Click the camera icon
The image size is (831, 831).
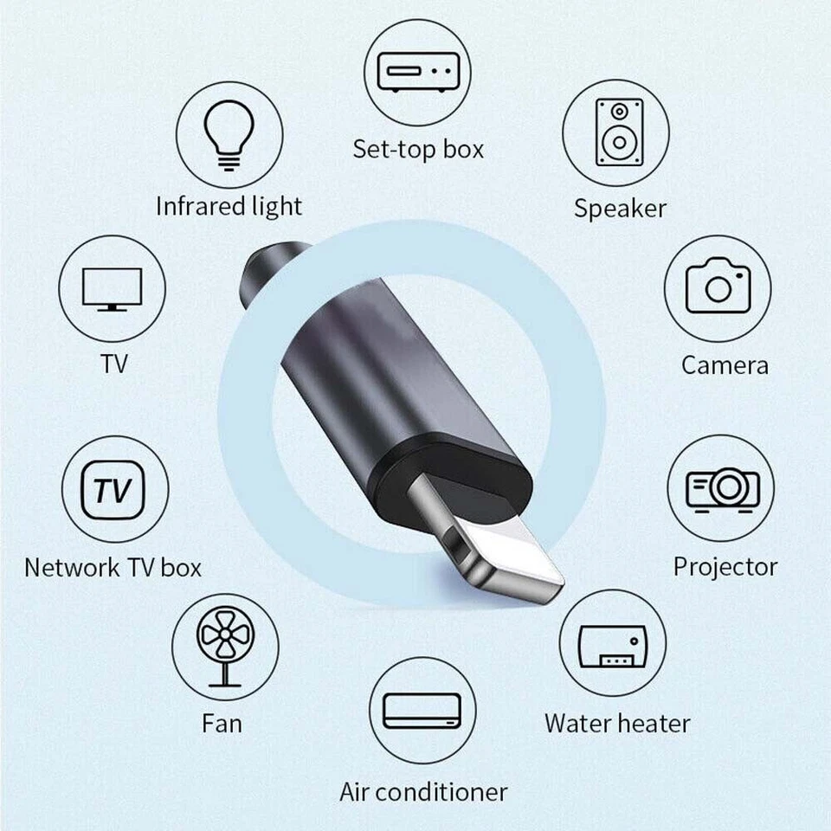click(x=718, y=288)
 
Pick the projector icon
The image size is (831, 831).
click(x=722, y=488)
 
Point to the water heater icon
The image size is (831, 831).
click(x=613, y=645)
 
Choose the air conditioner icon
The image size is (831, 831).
click(x=423, y=710)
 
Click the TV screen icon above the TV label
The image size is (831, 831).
click(x=112, y=288)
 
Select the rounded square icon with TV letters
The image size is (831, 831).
click(x=113, y=490)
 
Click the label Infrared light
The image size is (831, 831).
click(x=229, y=207)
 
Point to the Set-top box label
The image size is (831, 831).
click(x=418, y=149)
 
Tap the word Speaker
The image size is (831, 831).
click(x=620, y=209)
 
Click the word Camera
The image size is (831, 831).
click(x=725, y=364)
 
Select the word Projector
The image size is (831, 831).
click(x=725, y=567)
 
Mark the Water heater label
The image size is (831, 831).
click(x=617, y=723)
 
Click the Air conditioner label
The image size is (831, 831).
click(x=423, y=791)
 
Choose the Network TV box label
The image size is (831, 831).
click(x=113, y=568)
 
